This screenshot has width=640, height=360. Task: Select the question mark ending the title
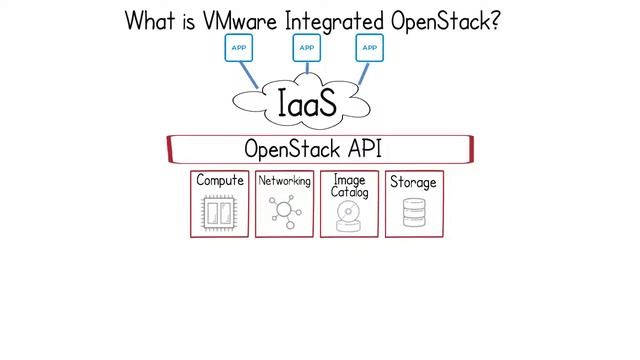point(493,20)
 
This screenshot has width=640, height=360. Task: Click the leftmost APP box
point(239,47)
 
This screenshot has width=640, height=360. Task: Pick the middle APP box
point(306,47)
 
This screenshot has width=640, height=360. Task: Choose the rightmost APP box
point(370,47)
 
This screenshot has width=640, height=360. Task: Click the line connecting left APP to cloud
point(249,75)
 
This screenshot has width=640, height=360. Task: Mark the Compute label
point(220,181)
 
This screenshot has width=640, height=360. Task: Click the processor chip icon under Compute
point(219,213)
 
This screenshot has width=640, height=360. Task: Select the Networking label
point(284,181)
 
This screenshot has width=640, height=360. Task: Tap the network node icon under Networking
point(284,213)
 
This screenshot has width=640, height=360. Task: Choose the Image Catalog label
point(349,186)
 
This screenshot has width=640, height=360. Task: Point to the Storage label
point(413,182)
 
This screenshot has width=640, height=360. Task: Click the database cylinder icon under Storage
point(413,213)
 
